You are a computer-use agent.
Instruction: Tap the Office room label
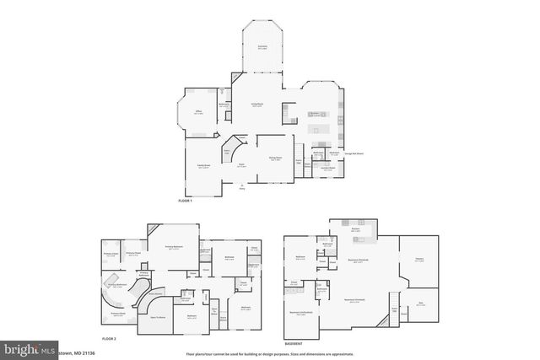point(197,114)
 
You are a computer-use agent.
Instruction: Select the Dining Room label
point(275,158)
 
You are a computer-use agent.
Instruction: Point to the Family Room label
point(203,166)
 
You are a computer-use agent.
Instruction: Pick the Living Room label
point(258,105)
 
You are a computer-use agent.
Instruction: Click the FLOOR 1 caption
point(185,201)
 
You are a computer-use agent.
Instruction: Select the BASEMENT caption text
point(294,344)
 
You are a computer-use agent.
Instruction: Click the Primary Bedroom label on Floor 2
point(173,248)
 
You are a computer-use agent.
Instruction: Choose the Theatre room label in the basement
point(419,260)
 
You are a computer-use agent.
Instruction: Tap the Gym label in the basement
point(421,305)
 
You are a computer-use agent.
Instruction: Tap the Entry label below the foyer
point(243,189)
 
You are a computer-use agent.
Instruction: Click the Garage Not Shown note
point(354,154)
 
